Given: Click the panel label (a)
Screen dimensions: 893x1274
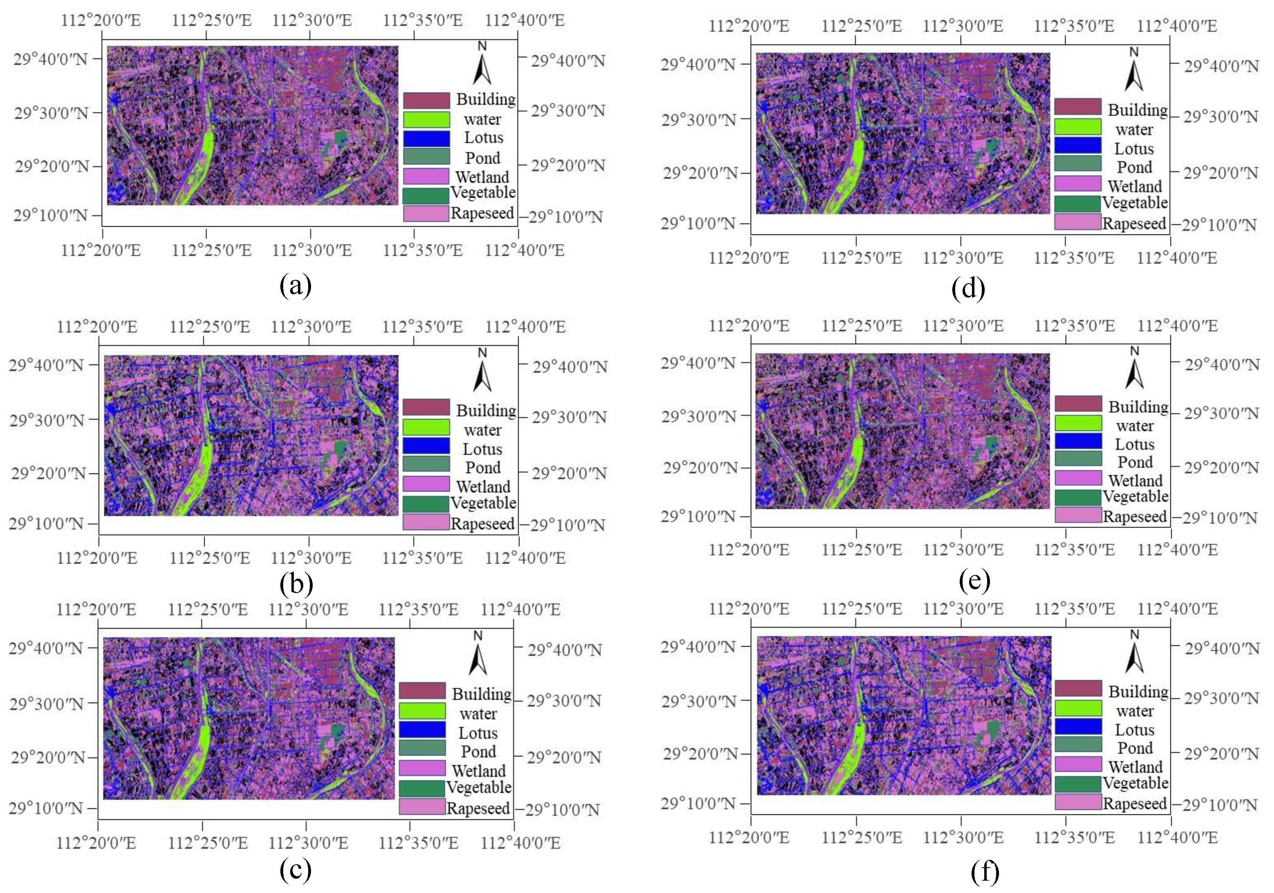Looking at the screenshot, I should [x=296, y=285].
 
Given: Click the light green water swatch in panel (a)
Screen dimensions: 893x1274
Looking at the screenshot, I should [x=426, y=120].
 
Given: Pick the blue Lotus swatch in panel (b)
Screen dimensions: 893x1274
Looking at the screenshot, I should [x=426, y=446].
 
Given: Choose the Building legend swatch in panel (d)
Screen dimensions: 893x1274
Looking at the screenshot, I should [x=1078, y=106].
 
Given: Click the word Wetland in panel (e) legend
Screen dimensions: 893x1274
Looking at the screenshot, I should [x=1135, y=480].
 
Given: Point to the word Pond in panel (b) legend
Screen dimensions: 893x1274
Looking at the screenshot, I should [x=483, y=467].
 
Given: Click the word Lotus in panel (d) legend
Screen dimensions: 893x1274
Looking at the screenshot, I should [x=1134, y=149].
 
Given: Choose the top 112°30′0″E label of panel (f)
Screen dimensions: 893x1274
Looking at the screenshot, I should [x=963, y=609].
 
